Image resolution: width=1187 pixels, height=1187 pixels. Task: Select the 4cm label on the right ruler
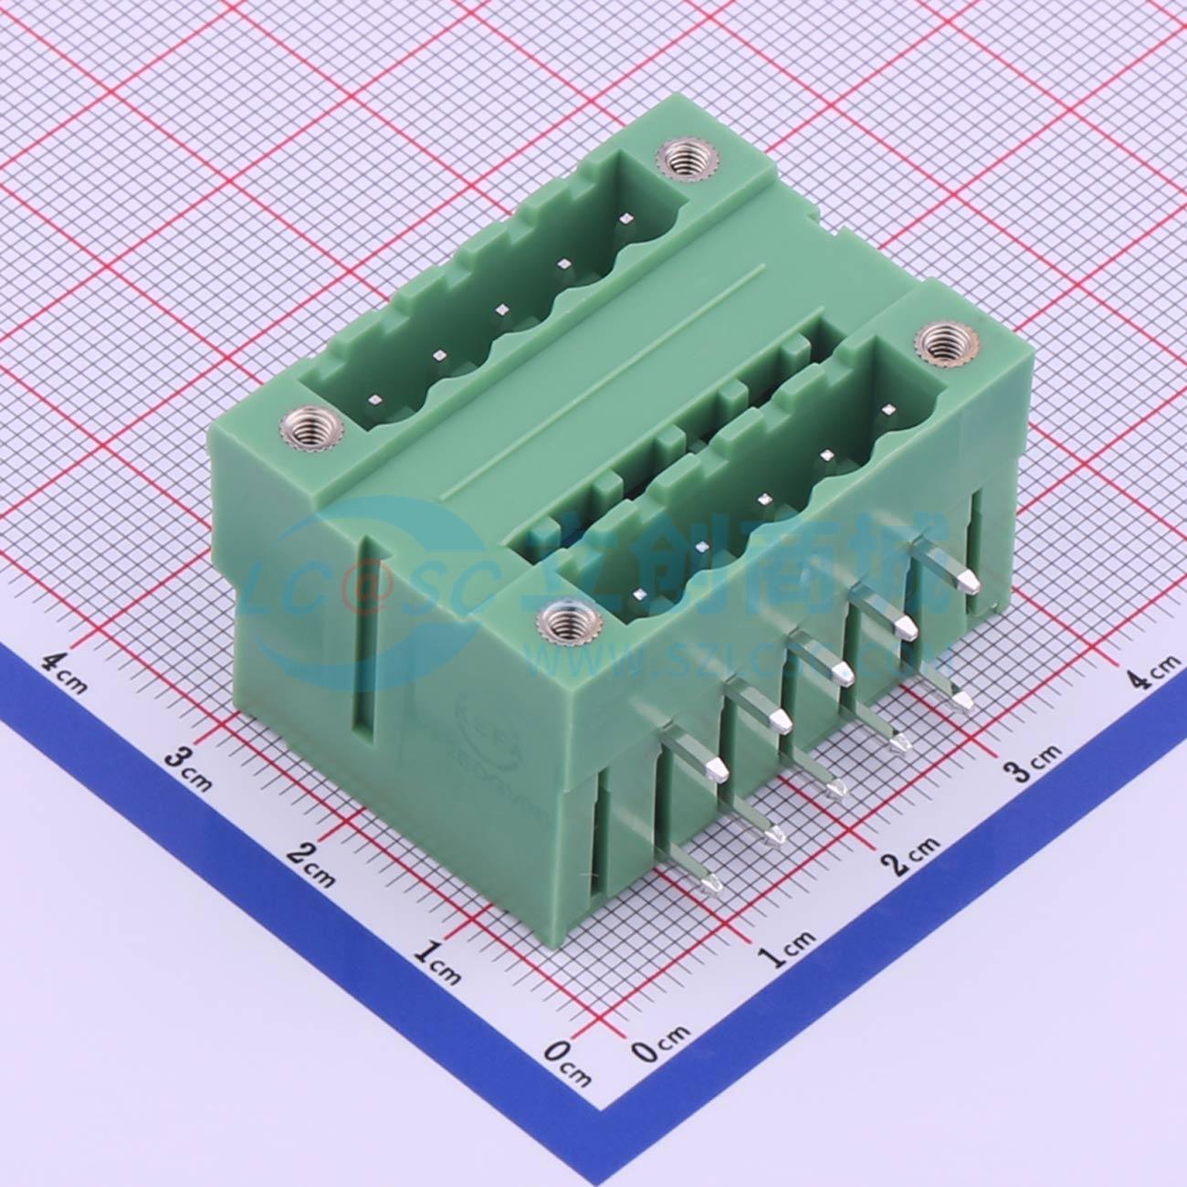(x=1153, y=677)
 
